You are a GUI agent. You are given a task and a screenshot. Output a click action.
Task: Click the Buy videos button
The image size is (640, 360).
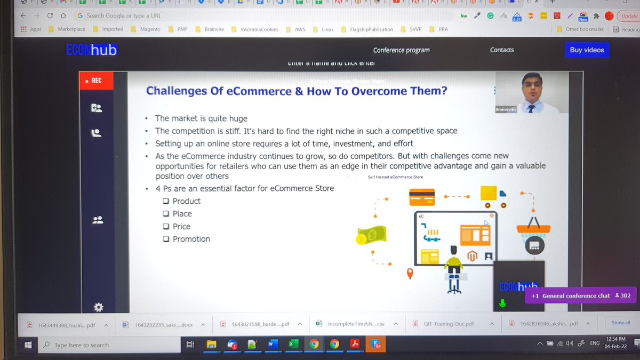click(x=587, y=50)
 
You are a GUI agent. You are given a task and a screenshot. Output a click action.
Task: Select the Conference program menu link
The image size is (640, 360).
click(x=401, y=50)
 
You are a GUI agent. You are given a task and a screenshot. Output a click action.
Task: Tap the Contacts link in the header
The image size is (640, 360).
click(x=502, y=50)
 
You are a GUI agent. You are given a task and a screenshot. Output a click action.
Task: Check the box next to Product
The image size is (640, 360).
click(x=166, y=201)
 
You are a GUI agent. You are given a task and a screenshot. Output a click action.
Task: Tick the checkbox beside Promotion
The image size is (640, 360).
click(x=166, y=239)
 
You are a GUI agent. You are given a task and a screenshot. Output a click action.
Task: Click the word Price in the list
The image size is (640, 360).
click(x=181, y=226)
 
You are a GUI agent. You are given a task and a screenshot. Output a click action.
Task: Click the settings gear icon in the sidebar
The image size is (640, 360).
click(x=98, y=307)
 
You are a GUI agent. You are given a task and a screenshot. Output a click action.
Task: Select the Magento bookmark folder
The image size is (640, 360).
click(x=149, y=29)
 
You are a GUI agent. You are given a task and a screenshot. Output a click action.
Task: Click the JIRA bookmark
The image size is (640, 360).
click(x=443, y=29)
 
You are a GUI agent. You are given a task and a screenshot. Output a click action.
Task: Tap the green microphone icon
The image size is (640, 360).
click(x=502, y=303)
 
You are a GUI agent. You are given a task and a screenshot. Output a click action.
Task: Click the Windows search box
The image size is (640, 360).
click(x=101, y=345)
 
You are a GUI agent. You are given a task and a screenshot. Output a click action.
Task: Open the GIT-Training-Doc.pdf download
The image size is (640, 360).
click(x=448, y=324)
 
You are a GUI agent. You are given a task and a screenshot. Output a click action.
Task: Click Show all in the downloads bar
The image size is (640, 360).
click(x=621, y=323)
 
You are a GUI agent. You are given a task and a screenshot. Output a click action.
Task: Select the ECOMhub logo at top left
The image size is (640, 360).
click(x=91, y=50)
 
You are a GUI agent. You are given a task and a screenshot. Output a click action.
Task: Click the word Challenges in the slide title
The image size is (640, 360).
click(x=177, y=91)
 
